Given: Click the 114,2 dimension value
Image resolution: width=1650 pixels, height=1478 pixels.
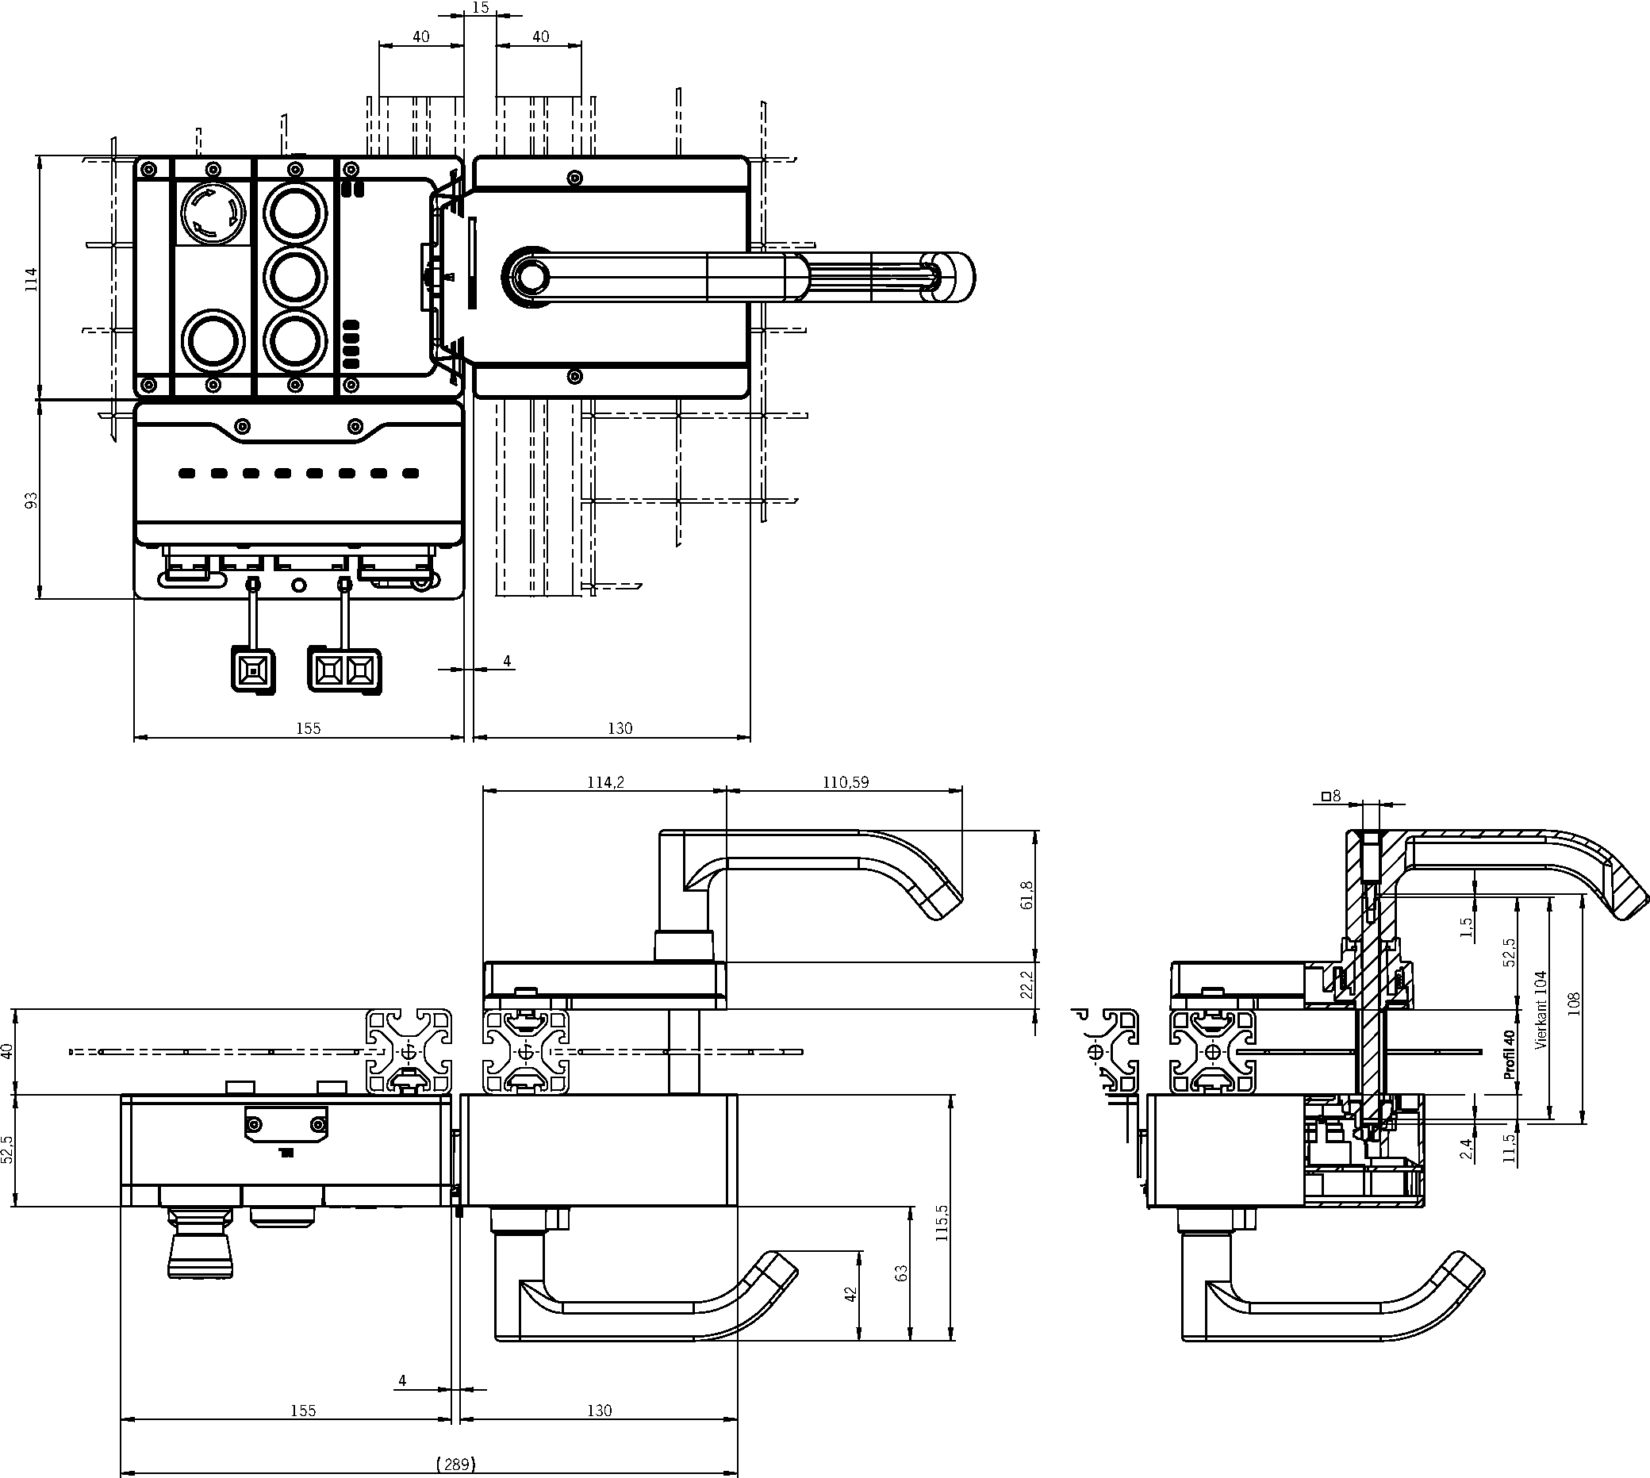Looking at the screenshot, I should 605,783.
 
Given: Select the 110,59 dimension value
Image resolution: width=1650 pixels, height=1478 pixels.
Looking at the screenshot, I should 846,783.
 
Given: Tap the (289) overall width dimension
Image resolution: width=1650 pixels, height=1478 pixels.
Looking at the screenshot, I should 455,1465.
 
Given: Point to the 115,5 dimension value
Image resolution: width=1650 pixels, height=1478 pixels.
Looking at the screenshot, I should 942,1223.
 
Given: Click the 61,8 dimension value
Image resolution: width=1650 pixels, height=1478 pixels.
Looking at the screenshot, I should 1027,895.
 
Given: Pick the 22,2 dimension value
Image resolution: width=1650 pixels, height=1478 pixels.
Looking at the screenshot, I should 1027,985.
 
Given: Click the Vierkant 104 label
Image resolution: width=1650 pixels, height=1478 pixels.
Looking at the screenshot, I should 1541,1010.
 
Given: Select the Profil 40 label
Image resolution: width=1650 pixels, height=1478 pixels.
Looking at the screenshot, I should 1510,1054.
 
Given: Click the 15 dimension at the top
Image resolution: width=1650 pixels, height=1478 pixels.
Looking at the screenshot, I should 480,8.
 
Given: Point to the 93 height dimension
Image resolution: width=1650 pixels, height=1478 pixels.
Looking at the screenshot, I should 32,501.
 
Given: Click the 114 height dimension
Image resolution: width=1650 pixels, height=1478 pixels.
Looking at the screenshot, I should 32,278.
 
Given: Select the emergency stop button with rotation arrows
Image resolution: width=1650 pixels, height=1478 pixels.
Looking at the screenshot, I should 213,213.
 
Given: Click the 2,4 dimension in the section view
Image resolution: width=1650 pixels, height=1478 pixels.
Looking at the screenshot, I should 1466,1148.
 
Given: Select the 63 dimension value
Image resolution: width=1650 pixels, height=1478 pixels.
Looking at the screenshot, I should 901,1273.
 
